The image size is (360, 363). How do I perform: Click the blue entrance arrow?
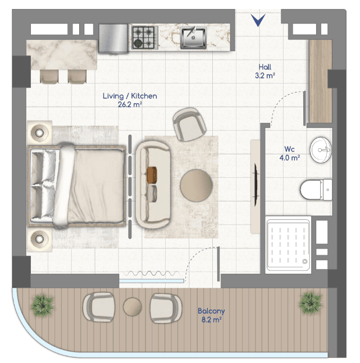tap(258, 20)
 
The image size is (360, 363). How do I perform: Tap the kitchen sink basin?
tap(193, 38)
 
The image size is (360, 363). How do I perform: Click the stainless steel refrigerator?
tap(113, 38)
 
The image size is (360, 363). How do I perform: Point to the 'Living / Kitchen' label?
tap(130, 96)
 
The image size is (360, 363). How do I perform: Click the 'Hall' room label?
tap(265, 67)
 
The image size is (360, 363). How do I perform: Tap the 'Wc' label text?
tap(289, 149)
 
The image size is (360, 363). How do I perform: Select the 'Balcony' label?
tap(211, 311)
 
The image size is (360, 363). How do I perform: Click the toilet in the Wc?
tap(316, 190)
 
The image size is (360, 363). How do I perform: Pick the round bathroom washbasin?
tap(321, 150)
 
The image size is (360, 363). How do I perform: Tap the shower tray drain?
tap(304, 261)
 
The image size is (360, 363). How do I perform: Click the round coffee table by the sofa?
tap(197, 186)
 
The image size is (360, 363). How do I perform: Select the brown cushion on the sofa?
tap(152, 174)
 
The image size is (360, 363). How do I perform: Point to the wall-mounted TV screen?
tap(256, 185)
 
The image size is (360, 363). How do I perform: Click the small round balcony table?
tap(133, 307)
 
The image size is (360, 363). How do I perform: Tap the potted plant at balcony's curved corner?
tap(43, 306)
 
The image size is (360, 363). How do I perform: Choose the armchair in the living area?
tap(189, 125)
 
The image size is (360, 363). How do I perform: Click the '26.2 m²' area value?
tap(130, 105)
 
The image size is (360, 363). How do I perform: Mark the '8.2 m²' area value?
tap(211, 320)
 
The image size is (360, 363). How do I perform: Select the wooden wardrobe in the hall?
tap(321, 81)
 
